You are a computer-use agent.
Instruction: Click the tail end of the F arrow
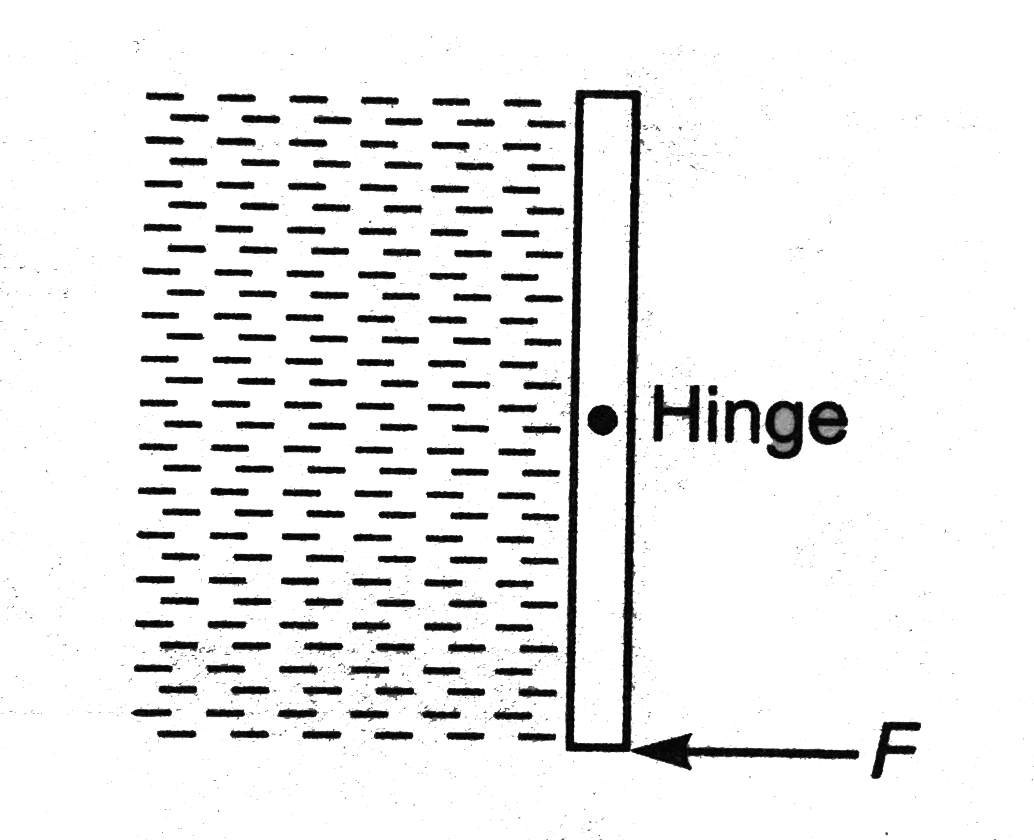click(x=857, y=753)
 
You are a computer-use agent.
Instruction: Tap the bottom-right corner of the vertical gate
click(x=629, y=749)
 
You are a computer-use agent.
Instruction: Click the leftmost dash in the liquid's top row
click(x=165, y=96)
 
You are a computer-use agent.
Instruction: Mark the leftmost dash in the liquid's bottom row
click(x=176, y=734)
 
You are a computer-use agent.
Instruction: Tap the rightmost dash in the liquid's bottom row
click(x=537, y=736)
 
